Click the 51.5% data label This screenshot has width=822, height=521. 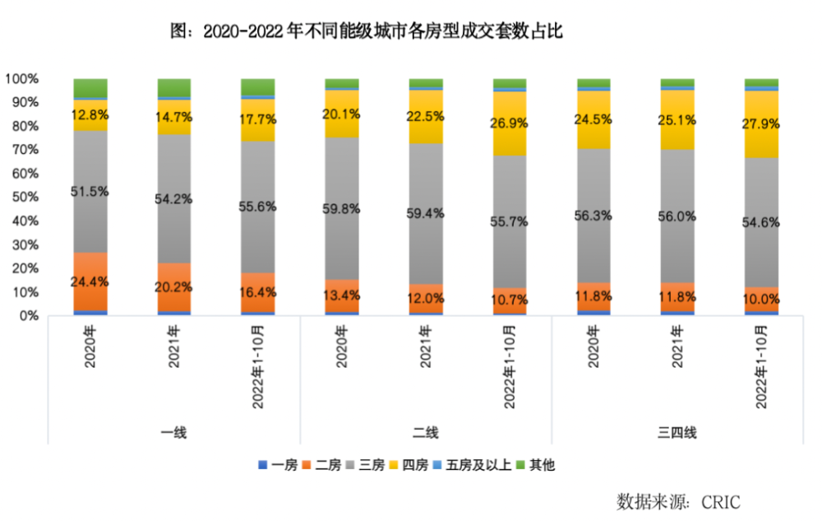[90, 191]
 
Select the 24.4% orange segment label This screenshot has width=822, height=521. [90, 281]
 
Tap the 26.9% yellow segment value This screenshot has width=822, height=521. [510, 123]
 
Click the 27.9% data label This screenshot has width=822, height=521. [761, 123]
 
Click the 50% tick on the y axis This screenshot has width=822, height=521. [22, 198]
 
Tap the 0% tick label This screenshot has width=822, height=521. [28, 316]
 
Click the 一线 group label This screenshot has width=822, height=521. [173, 432]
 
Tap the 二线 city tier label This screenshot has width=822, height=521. [425, 432]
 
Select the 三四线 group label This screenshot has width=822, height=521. [677, 432]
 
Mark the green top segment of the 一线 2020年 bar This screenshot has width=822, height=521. [90, 88]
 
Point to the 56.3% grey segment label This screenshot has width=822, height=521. [593, 215]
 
